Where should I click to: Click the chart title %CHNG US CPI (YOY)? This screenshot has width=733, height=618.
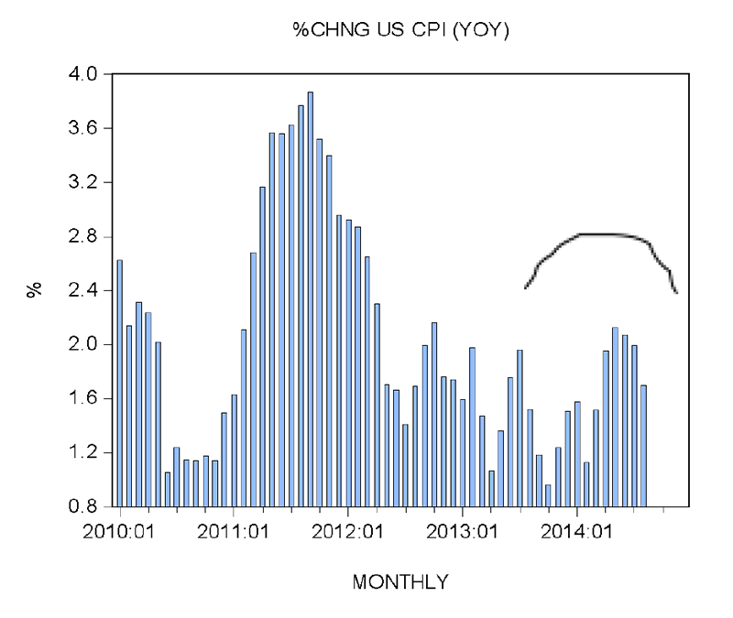pos(400,32)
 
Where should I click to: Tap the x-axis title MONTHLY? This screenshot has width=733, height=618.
pos(400,581)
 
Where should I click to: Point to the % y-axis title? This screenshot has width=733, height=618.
pos(35,290)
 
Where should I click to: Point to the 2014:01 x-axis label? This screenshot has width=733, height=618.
pos(576,530)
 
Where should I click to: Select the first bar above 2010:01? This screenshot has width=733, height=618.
pos(120,385)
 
